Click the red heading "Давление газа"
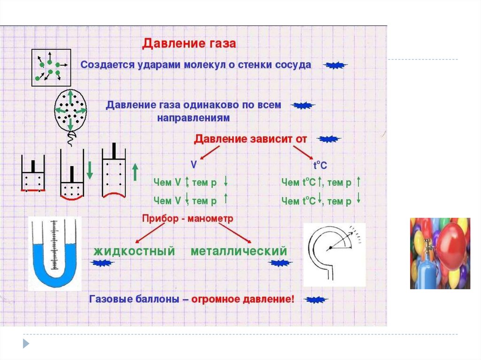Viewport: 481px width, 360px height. [x=189, y=44]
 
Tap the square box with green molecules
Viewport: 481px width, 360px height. [x=51, y=67]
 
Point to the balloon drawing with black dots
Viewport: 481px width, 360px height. [x=70, y=111]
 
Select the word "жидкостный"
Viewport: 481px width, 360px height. [x=134, y=251]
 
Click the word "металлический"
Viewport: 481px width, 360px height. [x=239, y=251]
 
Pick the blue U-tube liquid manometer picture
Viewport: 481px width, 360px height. [x=54, y=254]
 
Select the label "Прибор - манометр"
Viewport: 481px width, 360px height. [x=187, y=219]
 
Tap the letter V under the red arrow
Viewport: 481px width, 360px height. [x=194, y=165]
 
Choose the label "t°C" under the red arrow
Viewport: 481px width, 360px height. [x=320, y=165]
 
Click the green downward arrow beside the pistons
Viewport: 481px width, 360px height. [x=90, y=170]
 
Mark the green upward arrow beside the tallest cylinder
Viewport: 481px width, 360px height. [x=135, y=172]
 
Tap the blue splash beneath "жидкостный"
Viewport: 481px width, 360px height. [x=106, y=264]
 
